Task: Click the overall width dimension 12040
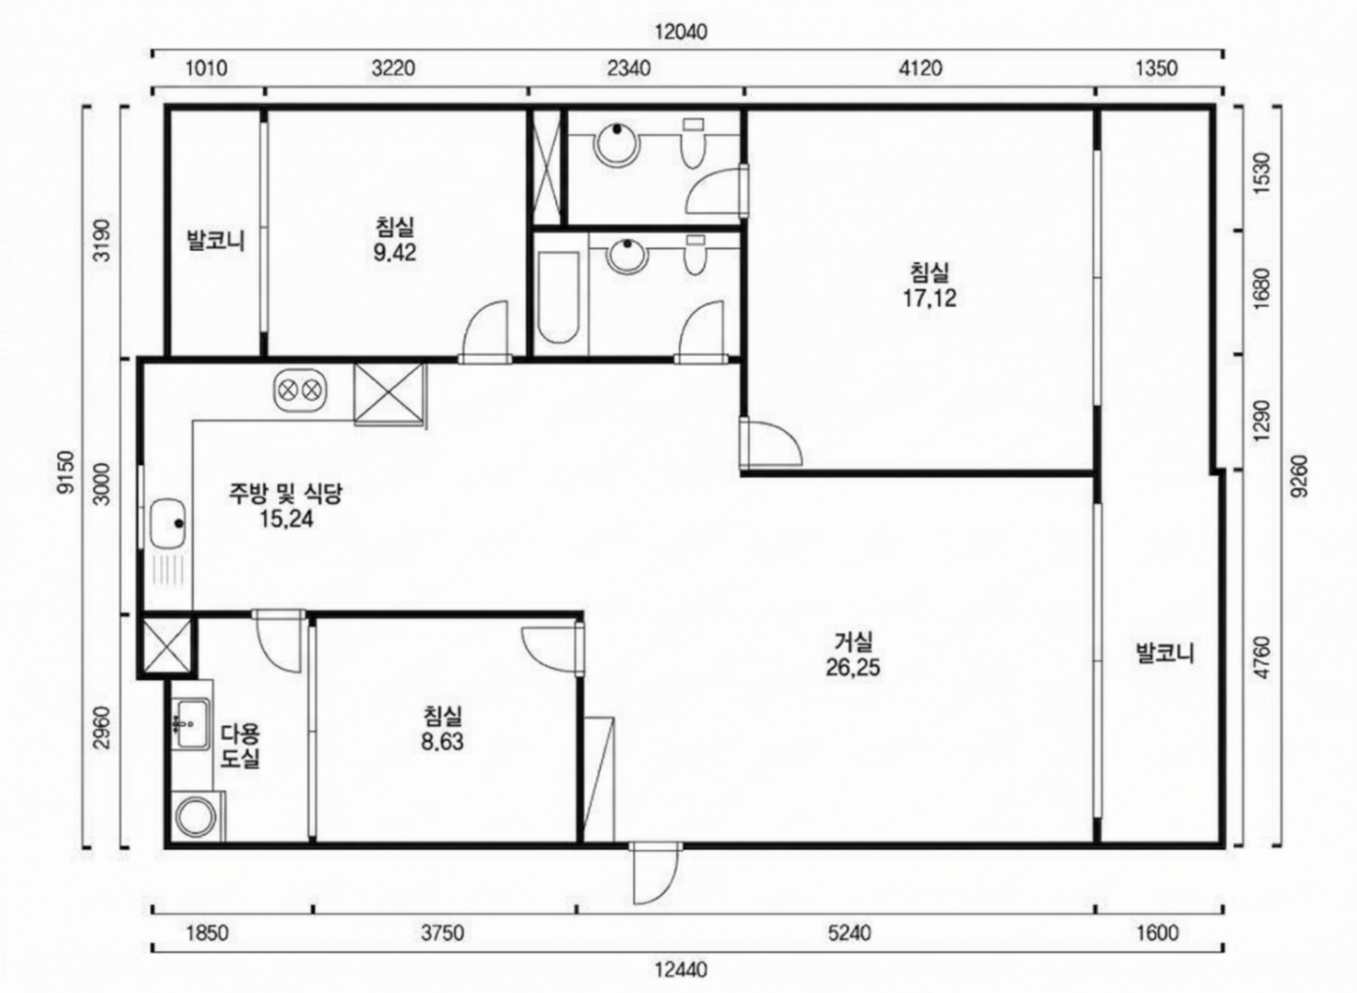click(x=681, y=31)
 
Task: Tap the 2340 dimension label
click(x=628, y=69)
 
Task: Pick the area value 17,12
click(x=929, y=298)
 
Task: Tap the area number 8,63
click(x=442, y=742)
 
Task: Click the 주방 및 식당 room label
click(x=285, y=494)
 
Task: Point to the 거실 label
click(x=853, y=642)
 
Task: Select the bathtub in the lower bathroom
click(x=558, y=297)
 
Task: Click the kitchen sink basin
click(x=168, y=523)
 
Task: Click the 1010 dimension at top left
click(x=206, y=69)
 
